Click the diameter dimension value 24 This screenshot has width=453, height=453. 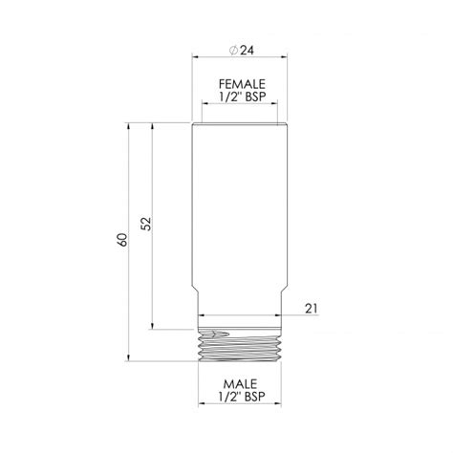(x=247, y=50)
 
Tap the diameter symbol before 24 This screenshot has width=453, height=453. (x=233, y=51)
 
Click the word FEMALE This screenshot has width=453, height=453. (x=242, y=84)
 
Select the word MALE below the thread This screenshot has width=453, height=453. (x=240, y=384)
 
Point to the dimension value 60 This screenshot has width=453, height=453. (x=121, y=240)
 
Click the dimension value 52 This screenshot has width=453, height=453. (x=146, y=224)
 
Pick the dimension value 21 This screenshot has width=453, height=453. (x=312, y=309)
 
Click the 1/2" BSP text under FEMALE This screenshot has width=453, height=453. (x=242, y=97)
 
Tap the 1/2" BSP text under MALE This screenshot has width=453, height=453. (x=242, y=397)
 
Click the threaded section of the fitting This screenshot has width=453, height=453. (x=240, y=345)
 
